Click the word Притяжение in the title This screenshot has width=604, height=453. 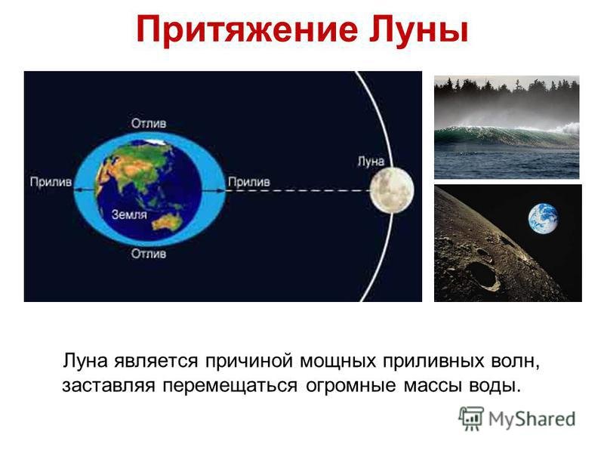click(247, 29)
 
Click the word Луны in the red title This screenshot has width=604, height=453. click(419, 29)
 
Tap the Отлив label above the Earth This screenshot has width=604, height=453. click(149, 123)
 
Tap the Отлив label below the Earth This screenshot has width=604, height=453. click(149, 254)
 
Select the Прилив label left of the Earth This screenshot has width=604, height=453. click(51, 182)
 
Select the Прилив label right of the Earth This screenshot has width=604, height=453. click(249, 182)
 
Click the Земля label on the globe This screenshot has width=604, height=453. click(129, 214)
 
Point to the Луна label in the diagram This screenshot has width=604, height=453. click(371, 161)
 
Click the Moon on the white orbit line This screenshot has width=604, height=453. click(392, 191)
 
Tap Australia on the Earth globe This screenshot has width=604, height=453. click(168, 222)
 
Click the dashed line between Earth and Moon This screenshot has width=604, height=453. click(298, 191)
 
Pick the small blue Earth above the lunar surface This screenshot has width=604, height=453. click(543, 218)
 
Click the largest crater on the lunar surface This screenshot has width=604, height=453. click(482, 275)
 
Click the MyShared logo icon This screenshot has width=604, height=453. click(471, 418)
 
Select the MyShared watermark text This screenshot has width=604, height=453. click(532, 419)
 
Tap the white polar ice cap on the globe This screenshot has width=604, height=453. click(157, 141)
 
